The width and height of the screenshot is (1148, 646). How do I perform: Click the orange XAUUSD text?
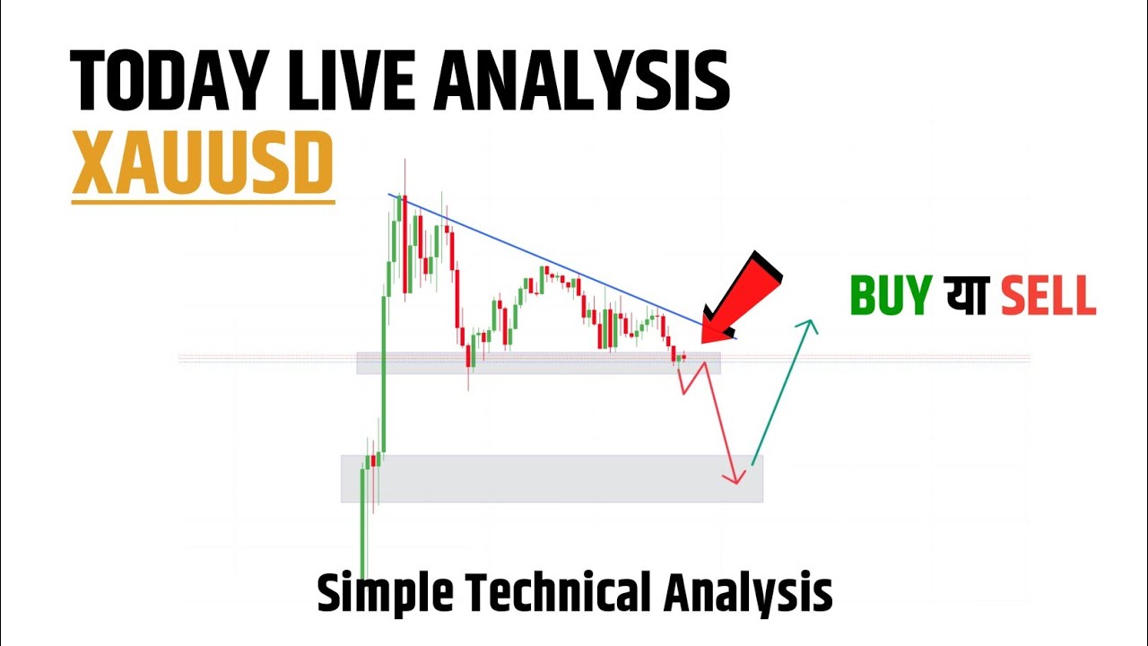point(203,165)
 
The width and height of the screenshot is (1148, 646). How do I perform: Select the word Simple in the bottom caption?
point(386,593)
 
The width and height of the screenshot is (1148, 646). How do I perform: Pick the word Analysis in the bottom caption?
point(748,593)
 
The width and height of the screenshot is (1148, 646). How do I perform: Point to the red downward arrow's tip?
point(736,483)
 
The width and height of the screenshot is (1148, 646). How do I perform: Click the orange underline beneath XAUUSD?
point(203,203)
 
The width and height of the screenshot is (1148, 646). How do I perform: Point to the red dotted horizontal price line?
point(897,359)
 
